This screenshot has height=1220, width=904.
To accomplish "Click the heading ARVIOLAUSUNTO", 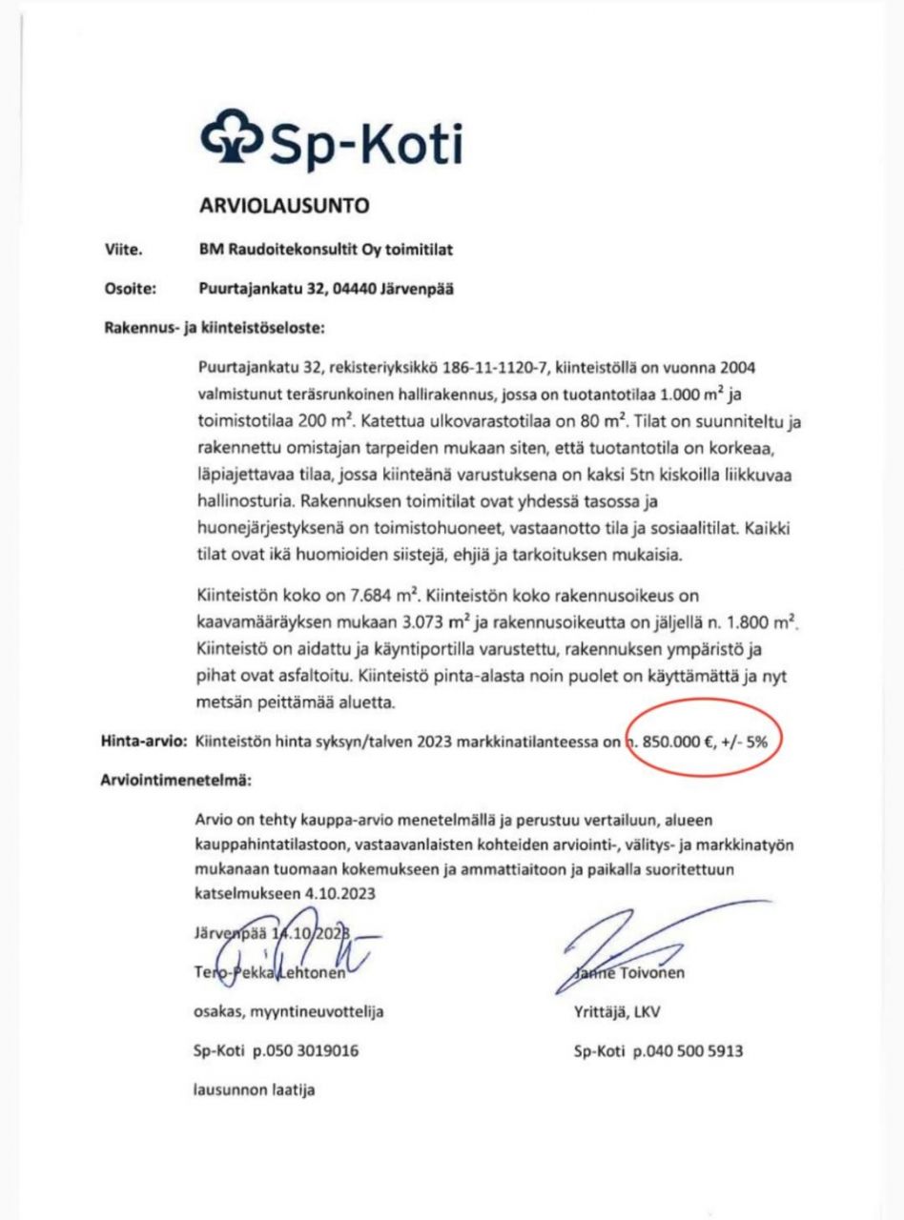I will [x=282, y=205].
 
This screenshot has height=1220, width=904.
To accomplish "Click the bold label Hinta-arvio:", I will [x=145, y=741].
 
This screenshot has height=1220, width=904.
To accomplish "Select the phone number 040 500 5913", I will [x=693, y=1052].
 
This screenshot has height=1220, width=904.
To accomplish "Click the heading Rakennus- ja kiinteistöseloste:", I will [x=214, y=330].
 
